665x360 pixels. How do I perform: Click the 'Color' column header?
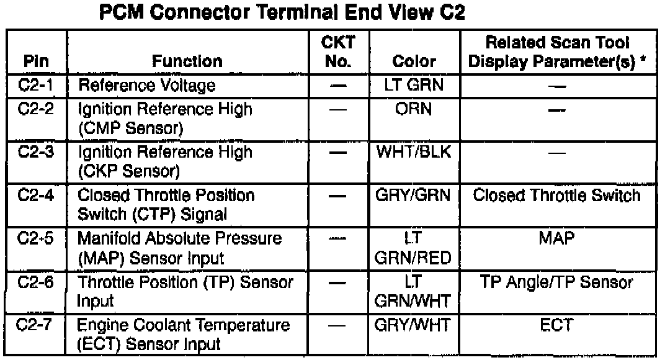[x=414, y=61]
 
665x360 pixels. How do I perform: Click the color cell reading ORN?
[x=414, y=109]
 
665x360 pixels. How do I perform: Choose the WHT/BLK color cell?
[x=414, y=152]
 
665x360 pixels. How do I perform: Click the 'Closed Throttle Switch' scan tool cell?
[x=556, y=196]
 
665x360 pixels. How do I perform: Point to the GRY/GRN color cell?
[x=414, y=196]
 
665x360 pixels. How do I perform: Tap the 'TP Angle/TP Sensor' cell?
[x=556, y=282]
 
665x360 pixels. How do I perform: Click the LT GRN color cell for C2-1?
[x=414, y=83]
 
